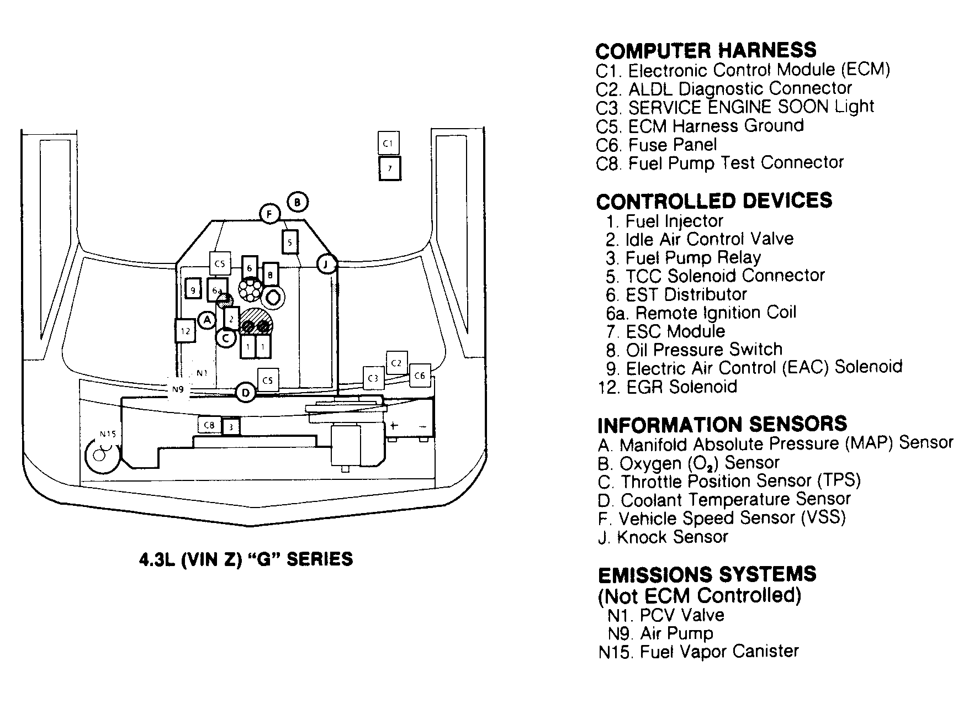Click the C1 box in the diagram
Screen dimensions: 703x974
pyautogui.click(x=388, y=143)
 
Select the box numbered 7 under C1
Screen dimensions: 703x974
pyautogui.click(x=390, y=168)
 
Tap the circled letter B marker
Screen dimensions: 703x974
pyautogui.click(x=297, y=202)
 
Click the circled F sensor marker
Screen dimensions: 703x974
pyautogui.click(x=270, y=214)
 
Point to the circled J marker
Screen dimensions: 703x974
pyautogui.click(x=326, y=264)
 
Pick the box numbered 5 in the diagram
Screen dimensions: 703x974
pyautogui.click(x=290, y=242)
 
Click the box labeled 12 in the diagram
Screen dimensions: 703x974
pyautogui.click(x=185, y=331)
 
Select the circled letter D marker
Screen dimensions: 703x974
pyautogui.click(x=246, y=393)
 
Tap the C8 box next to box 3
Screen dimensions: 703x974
pyautogui.click(x=209, y=425)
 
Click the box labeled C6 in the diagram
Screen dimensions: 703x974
pyautogui.click(x=420, y=376)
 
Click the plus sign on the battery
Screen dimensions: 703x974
pyautogui.click(x=394, y=426)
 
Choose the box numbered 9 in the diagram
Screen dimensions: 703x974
pyautogui.click(x=193, y=289)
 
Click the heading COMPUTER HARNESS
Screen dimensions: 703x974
pyautogui.click(x=706, y=51)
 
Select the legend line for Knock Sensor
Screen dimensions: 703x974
pyautogui.click(x=663, y=537)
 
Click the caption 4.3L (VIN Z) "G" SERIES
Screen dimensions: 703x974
pyautogui.click(x=246, y=559)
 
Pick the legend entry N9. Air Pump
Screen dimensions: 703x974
pyautogui.click(x=660, y=633)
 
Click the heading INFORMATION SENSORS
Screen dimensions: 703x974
pyautogui.click(x=722, y=424)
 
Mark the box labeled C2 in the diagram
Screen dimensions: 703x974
pyautogui.click(x=396, y=363)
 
